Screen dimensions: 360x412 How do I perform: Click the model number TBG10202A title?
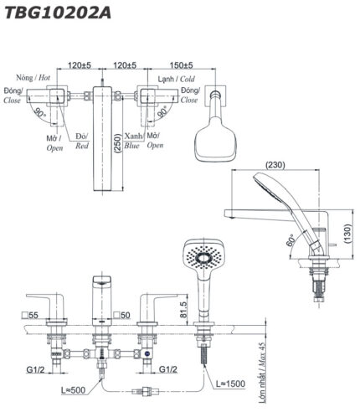click(x=58, y=13)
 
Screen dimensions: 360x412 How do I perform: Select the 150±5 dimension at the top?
click(x=181, y=65)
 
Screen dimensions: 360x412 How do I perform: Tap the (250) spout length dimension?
click(x=118, y=143)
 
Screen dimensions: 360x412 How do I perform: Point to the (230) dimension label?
click(x=275, y=165)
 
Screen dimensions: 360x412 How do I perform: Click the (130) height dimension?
click(x=347, y=234)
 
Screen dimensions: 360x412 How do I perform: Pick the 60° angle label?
click(x=291, y=240)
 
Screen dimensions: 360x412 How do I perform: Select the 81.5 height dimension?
click(x=183, y=309)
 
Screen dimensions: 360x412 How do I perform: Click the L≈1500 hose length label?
click(x=231, y=384)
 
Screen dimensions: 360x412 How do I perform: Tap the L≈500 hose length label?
click(x=73, y=390)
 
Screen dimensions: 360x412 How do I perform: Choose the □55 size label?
click(x=30, y=316)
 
